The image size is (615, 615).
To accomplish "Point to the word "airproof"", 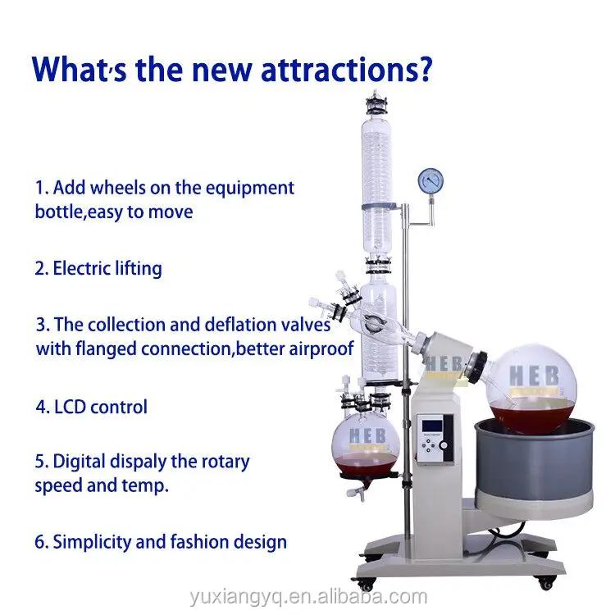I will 315,348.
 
